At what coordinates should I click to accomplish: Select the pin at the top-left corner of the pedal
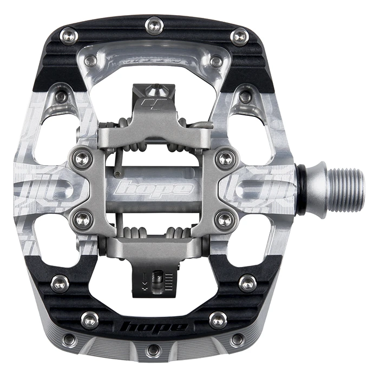[69, 36]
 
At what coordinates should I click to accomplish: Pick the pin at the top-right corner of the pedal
[239, 36]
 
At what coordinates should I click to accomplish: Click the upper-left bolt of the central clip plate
[82, 158]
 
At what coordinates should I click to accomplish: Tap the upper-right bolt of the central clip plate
[224, 158]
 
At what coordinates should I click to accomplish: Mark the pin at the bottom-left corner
[69, 339]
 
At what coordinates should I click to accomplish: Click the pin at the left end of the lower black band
[60, 283]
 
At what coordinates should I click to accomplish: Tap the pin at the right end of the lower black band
[247, 283]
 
